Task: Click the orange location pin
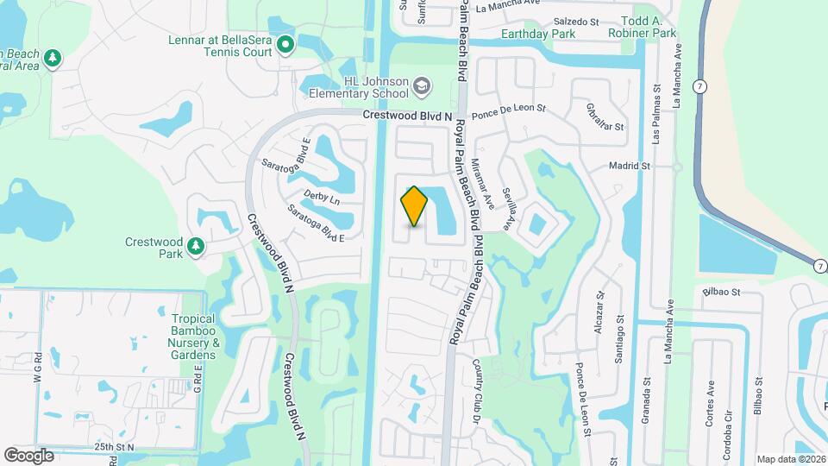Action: pos(414,206)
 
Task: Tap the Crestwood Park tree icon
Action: pos(197,248)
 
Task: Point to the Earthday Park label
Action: pos(538,35)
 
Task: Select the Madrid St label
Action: pos(628,165)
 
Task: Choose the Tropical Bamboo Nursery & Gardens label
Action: pos(193,337)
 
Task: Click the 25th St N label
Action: pos(115,447)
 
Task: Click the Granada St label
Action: pos(646,395)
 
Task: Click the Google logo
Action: pos(28,455)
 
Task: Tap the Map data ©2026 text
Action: pos(790,459)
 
